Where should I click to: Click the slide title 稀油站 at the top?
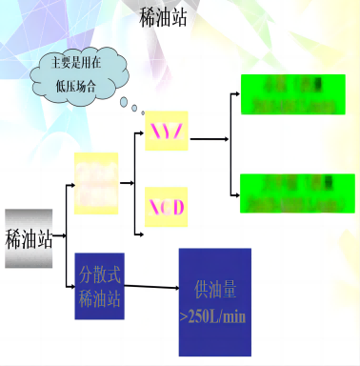click(163, 19)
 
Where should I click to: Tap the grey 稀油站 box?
click(29, 237)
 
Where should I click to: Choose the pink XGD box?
click(167, 207)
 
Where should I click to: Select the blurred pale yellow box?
click(96, 182)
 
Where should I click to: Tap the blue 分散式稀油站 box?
click(99, 286)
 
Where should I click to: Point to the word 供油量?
click(215, 287)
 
